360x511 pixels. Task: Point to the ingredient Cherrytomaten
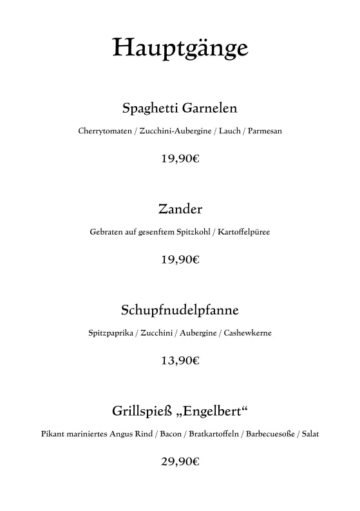coord(105,131)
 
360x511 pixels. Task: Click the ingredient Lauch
coord(229,131)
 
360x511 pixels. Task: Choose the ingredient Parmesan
coord(265,131)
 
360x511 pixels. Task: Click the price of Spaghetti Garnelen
coord(180,158)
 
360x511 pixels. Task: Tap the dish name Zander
coord(180,209)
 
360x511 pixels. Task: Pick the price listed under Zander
coord(180,260)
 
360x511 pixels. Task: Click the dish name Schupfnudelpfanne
coord(180,311)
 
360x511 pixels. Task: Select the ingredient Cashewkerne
coord(248,334)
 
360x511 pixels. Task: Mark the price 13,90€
coord(180,361)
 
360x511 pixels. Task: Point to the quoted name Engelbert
coord(212,411)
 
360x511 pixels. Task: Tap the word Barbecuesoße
coord(269,434)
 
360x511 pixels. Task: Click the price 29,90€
coord(180,461)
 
